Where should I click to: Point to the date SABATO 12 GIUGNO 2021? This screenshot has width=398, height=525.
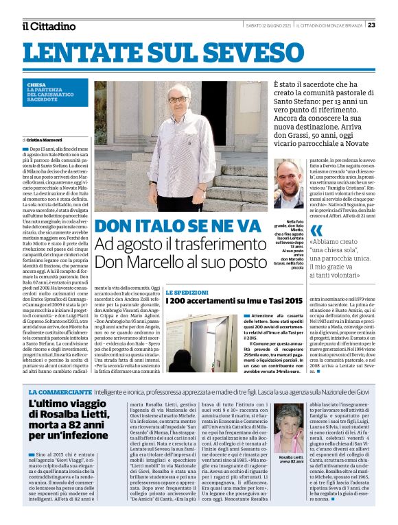coord(268,25)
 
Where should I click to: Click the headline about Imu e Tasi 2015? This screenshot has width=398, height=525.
coord(224,300)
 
